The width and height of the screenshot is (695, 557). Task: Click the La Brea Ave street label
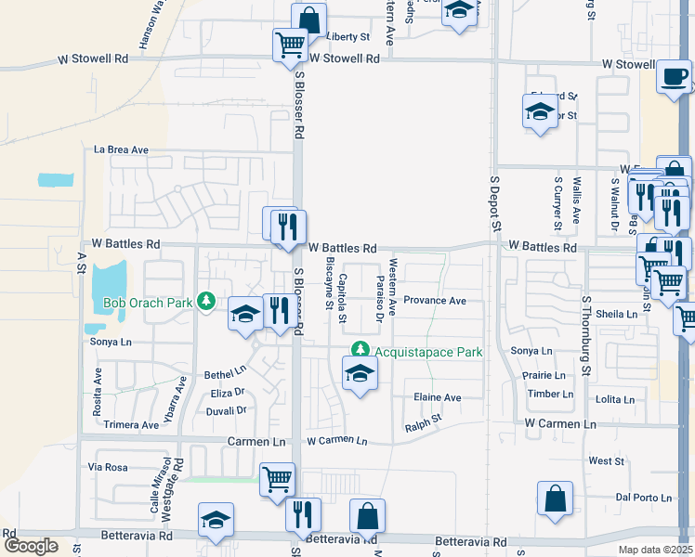point(121,149)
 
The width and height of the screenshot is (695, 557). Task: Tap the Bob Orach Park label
point(147,303)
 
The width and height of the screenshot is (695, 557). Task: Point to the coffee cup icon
point(674,77)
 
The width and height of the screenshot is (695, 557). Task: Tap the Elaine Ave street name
point(438,397)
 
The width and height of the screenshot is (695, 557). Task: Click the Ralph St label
point(423,425)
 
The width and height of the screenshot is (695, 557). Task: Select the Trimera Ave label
point(132,425)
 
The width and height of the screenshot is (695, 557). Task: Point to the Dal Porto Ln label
point(643,498)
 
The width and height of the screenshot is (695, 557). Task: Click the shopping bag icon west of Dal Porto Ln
point(555,499)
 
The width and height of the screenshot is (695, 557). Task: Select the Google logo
point(31,546)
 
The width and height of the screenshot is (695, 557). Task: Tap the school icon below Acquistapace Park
point(360,375)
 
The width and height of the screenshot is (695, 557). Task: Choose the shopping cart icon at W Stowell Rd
point(290,43)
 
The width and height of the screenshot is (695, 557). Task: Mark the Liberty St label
point(348,37)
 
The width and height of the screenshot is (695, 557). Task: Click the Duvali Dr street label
point(226,410)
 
